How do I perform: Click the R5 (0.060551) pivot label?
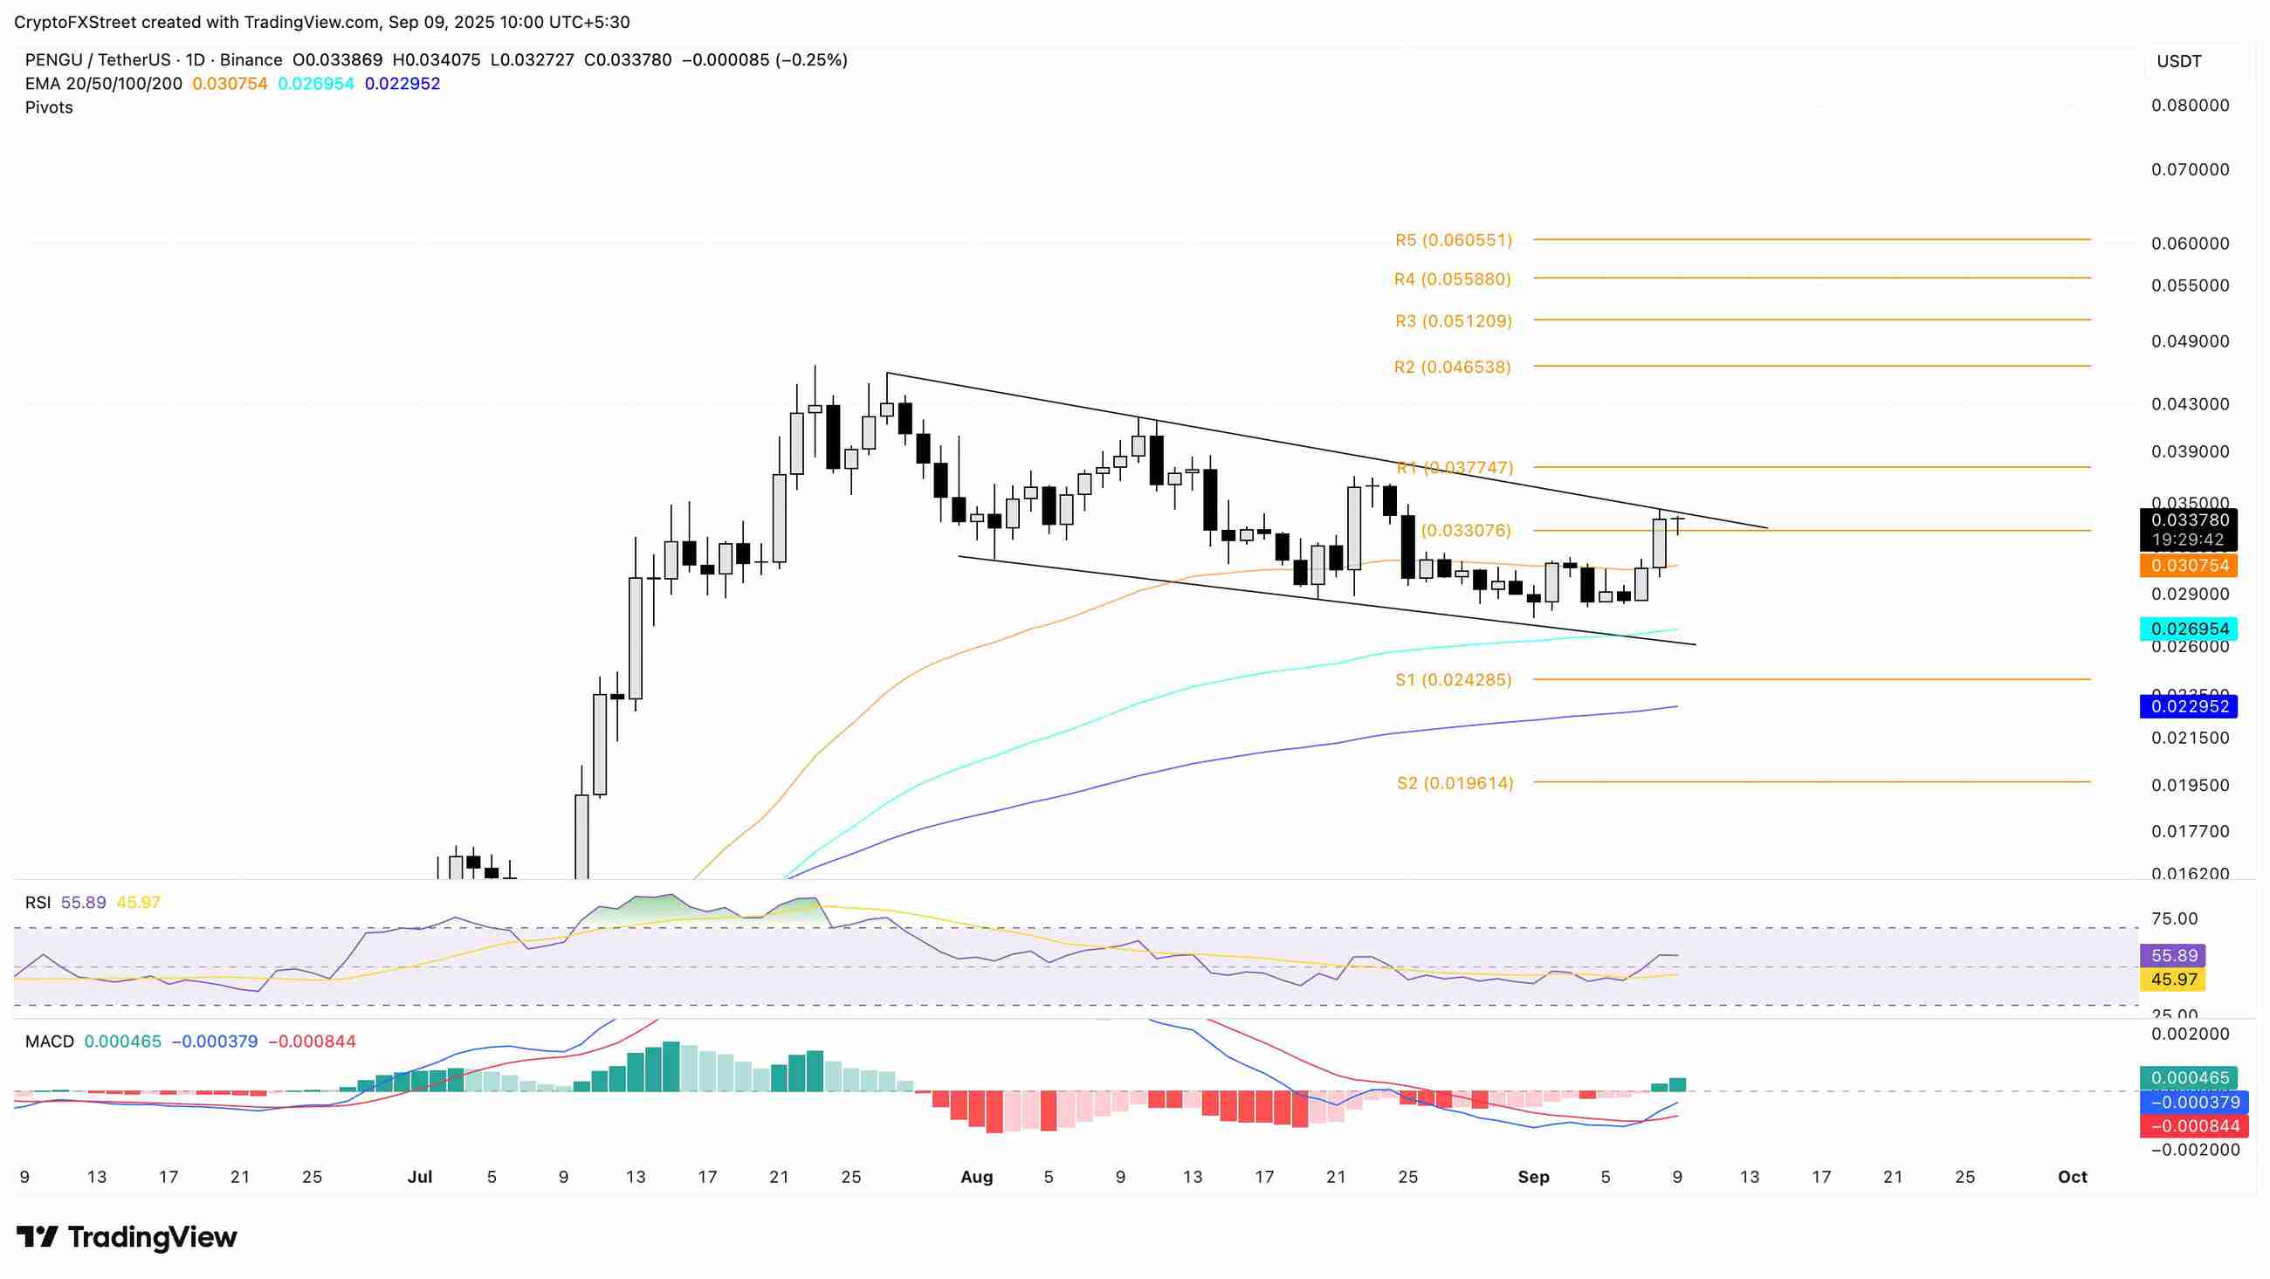pyautogui.click(x=1453, y=240)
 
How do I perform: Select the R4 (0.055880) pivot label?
pyautogui.click(x=1452, y=279)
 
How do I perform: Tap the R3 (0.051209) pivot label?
pyautogui.click(x=1453, y=321)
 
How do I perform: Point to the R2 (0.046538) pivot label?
pyautogui.click(x=1452, y=367)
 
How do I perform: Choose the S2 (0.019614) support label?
pyautogui.click(x=1455, y=783)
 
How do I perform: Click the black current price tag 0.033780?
pyautogui.click(x=2190, y=520)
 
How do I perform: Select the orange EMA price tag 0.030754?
pyautogui.click(x=2190, y=566)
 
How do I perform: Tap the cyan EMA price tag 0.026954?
pyautogui.click(x=2190, y=629)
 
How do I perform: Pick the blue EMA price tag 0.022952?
pyautogui.click(x=2190, y=706)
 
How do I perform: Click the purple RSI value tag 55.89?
pyautogui.click(x=2173, y=955)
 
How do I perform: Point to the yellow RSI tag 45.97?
pyautogui.click(x=2173, y=980)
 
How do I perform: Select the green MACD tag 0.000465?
pyautogui.click(x=2190, y=1078)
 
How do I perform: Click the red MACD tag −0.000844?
pyautogui.click(x=2190, y=1125)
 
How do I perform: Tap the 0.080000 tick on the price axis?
pyautogui.click(x=2190, y=106)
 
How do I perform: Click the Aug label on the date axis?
pyautogui.click(x=976, y=1177)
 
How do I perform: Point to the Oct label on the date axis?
pyautogui.click(x=2072, y=1177)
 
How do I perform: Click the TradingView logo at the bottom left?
pyautogui.click(x=127, y=1238)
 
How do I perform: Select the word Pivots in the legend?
pyautogui.click(x=50, y=107)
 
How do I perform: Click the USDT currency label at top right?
pyautogui.click(x=2178, y=62)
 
